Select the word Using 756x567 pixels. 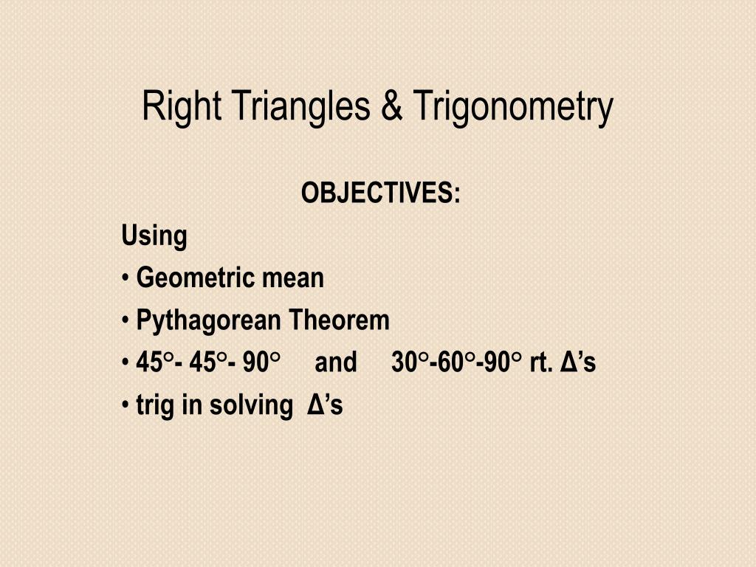tap(154, 237)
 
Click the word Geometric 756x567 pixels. tap(187, 278)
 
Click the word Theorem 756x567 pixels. tap(339, 320)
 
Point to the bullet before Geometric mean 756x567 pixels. tap(126, 279)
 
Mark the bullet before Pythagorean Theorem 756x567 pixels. tap(126, 321)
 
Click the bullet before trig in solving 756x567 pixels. tap(126, 405)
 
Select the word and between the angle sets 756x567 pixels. tap(335, 363)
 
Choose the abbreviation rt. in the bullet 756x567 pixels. tap(542, 363)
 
